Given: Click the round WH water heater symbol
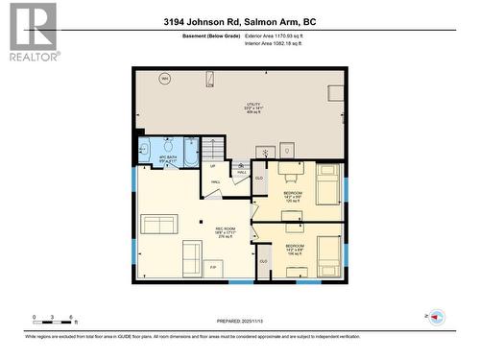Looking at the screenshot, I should (x=164, y=79).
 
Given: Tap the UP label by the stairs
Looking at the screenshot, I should (x=212, y=166).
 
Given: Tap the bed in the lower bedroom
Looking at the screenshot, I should (x=326, y=252).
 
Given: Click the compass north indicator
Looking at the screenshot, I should (x=437, y=317).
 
